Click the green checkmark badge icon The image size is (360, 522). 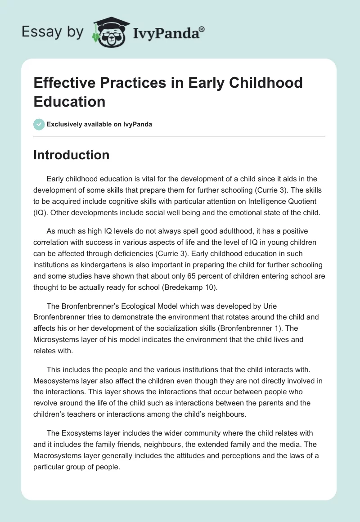pos(39,124)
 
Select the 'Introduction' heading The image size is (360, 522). pos(71,155)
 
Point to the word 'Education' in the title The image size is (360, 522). pos(69,101)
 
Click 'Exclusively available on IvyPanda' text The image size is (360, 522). pos(99,124)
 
